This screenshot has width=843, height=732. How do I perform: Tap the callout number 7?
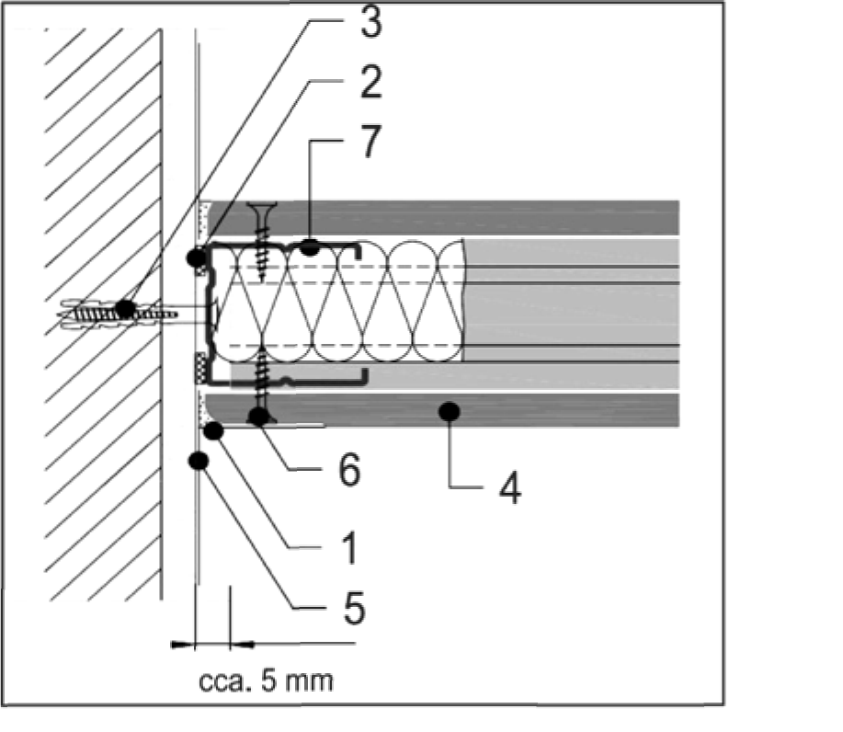tap(369, 144)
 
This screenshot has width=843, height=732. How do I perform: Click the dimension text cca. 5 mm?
tap(266, 682)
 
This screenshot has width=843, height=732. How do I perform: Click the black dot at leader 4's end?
tap(449, 410)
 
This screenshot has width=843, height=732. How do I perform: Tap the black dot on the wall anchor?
tap(125, 308)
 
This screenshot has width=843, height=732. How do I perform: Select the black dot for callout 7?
tap(312, 246)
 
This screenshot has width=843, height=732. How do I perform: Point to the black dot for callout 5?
tap(197, 461)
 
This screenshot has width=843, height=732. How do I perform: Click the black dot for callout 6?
tap(261, 417)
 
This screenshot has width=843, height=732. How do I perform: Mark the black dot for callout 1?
tap(214, 429)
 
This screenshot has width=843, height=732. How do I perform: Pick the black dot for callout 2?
tap(196, 258)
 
